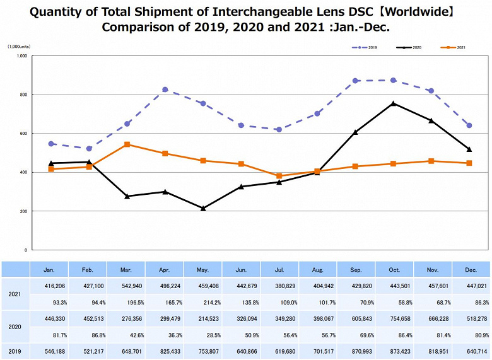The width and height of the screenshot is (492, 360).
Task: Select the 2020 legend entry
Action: [x=410, y=47]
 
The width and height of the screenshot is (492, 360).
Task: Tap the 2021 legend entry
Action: [x=454, y=47]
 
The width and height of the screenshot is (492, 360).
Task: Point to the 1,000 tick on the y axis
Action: [x=21, y=56]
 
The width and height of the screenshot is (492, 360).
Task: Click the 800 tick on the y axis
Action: [x=23, y=95]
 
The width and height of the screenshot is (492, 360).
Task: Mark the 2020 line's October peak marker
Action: [x=394, y=103]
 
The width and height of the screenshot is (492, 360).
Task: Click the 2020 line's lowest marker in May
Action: [x=202, y=208]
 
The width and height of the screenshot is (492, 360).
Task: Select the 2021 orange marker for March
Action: [x=127, y=144]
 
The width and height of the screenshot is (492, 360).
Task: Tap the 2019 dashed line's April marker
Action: [x=165, y=90]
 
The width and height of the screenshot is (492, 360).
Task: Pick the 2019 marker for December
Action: [x=469, y=125]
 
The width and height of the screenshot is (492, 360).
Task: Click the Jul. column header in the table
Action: [x=279, y=269]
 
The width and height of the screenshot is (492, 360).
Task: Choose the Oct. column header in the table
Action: [x=394, y=269]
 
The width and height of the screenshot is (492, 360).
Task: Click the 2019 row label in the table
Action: [x=15, y=351]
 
